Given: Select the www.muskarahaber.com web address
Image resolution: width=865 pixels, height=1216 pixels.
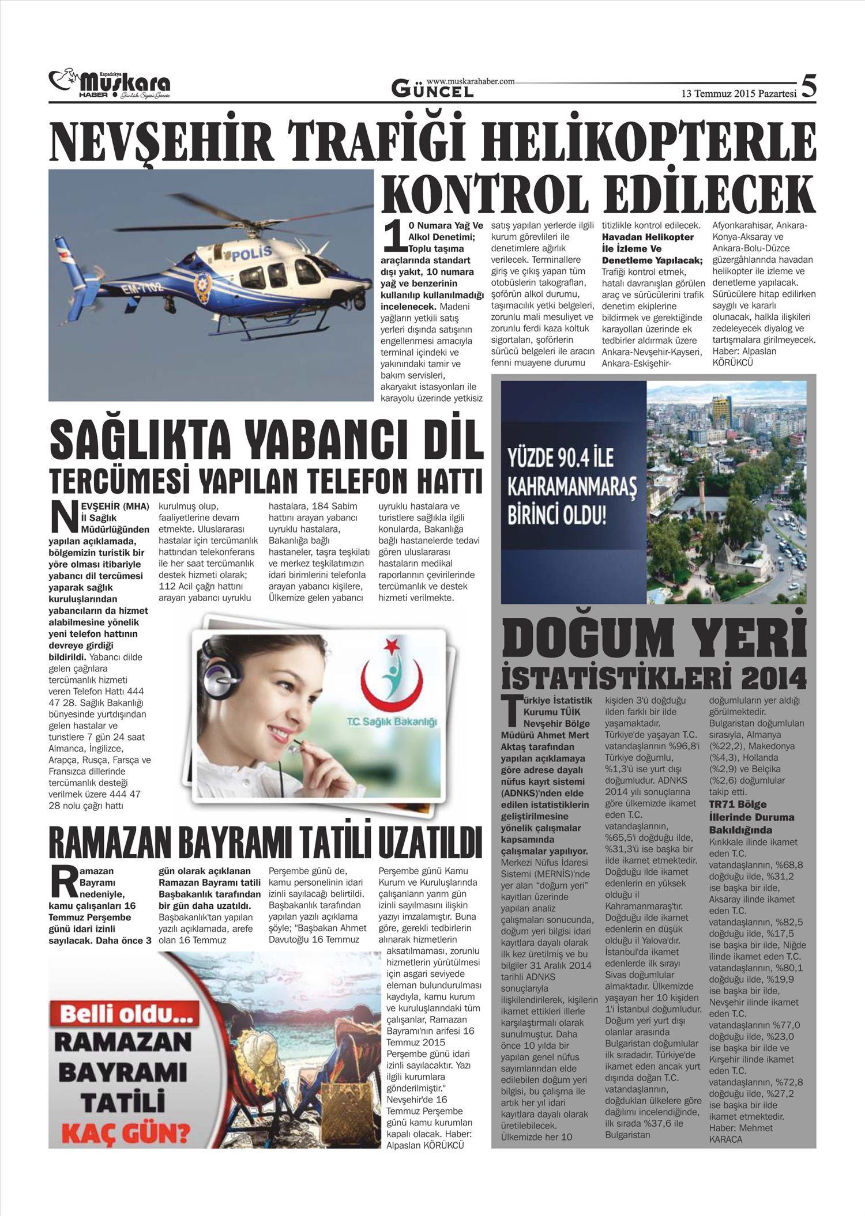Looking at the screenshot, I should (x=471, y=82).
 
